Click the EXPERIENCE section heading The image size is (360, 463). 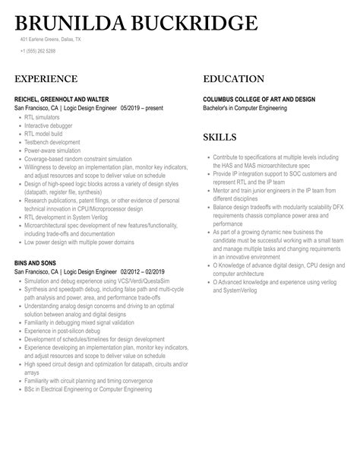[46, 79]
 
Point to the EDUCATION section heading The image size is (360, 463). [233, 79]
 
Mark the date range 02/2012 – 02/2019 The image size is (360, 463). [142, 270]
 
